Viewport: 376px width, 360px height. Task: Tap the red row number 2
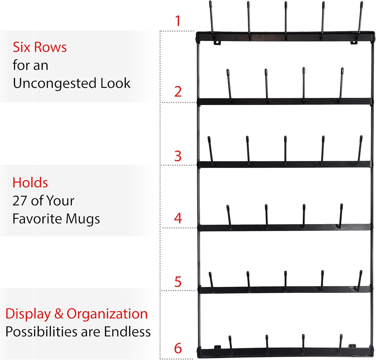coord(178,91)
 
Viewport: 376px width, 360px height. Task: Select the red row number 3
coord(178,156)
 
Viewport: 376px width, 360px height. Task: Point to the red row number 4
coord(178,218)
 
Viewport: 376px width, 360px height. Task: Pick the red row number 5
coord(178,282)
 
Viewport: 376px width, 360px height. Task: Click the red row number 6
coord(178,348)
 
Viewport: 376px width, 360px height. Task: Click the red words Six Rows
coord(40,47)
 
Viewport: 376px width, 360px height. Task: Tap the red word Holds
coord(30,183)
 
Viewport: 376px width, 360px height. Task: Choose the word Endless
coord(127,332)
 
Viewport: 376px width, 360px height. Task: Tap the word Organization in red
coord(107,314)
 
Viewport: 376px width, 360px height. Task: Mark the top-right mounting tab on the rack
coord(353,43)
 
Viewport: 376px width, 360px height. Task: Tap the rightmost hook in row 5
coord(360,280)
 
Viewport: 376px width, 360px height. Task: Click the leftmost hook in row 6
coord(231,345)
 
